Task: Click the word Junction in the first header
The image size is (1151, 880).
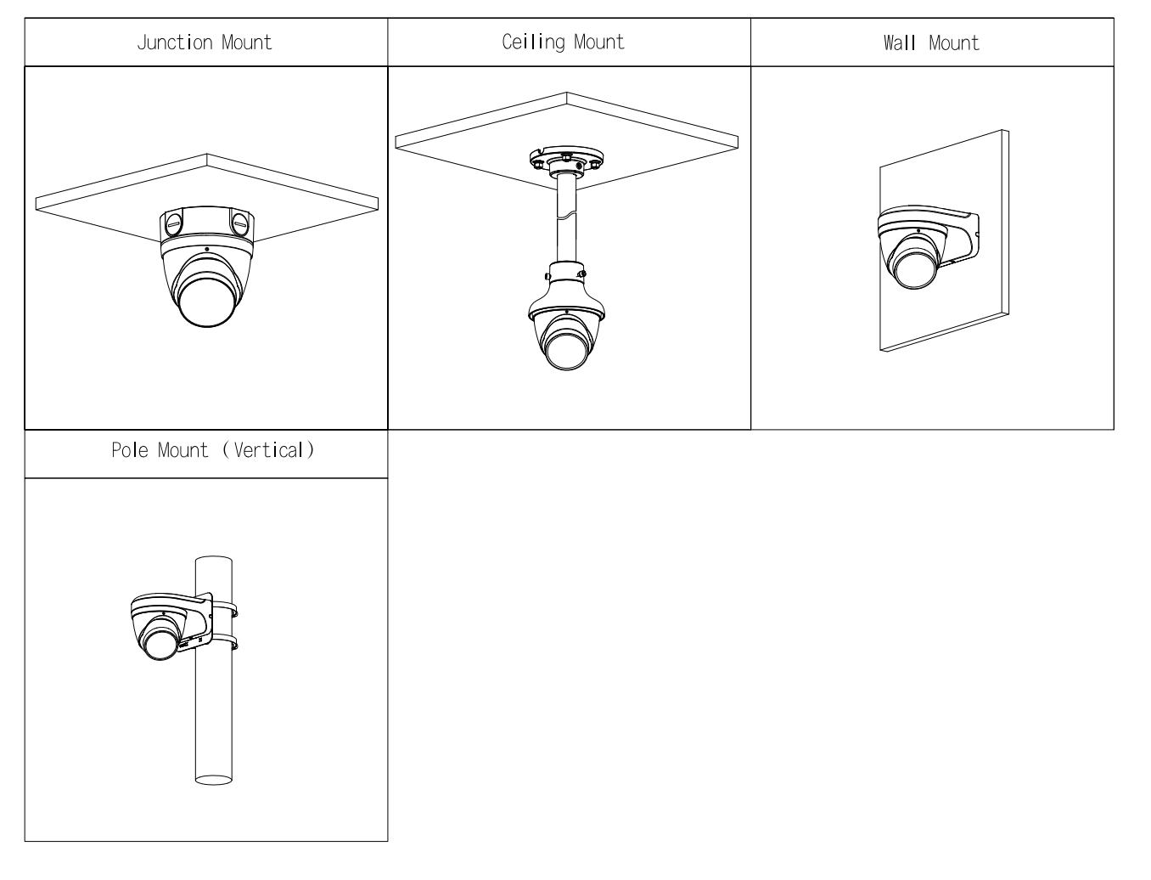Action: pos(175,42)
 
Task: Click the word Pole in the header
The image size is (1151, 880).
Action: pos(130,450)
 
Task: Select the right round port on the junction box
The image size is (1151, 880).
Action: pos(239,225)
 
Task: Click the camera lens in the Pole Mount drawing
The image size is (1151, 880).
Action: pos(160,640)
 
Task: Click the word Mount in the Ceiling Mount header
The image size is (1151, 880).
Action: pos(598,42)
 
